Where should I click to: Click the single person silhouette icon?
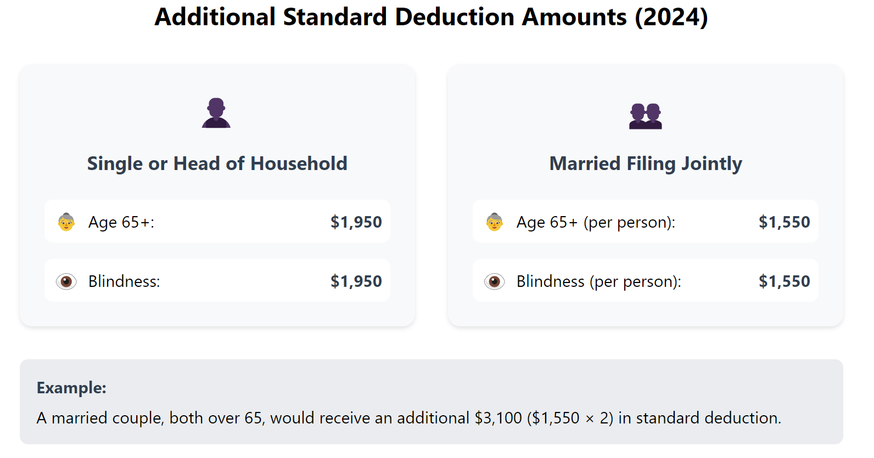click(x=216, y=113)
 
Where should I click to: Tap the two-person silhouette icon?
click(x=645, y=116)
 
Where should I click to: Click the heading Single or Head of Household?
click(x=217, y=163)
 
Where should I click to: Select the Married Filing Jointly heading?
click(x=645, y=163)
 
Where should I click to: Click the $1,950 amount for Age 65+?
click(x=356, y=222)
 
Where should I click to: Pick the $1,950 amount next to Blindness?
click(x=356, y=281)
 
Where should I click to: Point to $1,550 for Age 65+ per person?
click(x=784, y=222)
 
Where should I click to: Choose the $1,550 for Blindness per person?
click(x=784, y=281)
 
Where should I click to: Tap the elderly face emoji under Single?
click(x=66, y=222)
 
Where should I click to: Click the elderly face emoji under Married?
click(x=494, y=222)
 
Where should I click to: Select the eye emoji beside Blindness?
click(x=66, y=282)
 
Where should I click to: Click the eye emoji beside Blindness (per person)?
click(x=494, y=282)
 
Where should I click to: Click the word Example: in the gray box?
click(x=71, y=388)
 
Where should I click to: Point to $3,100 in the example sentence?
click(x=498, y=418)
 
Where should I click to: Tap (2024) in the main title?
click(x=671, y=17)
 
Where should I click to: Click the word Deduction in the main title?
click(x=455, y=17)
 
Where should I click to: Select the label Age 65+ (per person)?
click(x=596, y=222)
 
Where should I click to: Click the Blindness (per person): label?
click(x=598, y=281)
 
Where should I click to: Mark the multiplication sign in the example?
click(x=590, y=419)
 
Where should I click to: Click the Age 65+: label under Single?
click(x=121, y=222)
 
